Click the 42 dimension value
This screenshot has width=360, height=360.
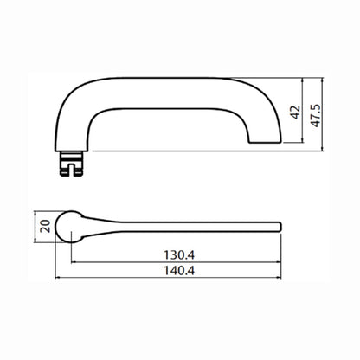[296, 112]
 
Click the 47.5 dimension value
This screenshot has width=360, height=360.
[316, 115]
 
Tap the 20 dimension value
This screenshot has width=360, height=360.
[46, 226]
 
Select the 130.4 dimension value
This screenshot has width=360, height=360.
[179, 255]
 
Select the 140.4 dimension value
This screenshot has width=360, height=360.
[179, 271]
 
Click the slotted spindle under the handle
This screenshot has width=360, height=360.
[71, 164]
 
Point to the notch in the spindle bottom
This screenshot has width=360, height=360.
[71, 170]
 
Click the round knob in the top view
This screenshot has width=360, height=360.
[68, 227]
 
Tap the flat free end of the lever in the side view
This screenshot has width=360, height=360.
[266, 143]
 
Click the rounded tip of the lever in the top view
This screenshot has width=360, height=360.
[280, 227]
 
